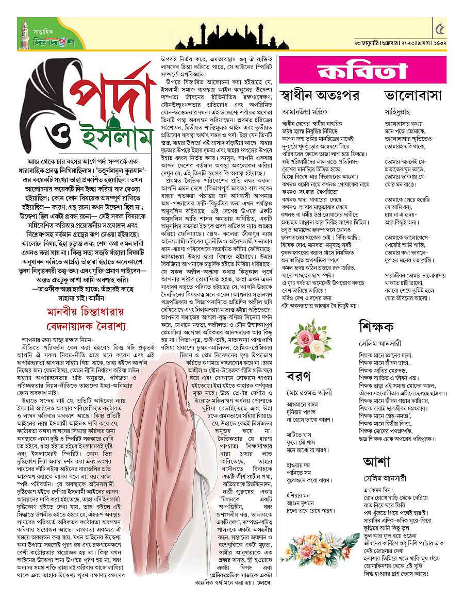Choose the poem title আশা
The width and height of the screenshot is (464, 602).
(x=376, y=461)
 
